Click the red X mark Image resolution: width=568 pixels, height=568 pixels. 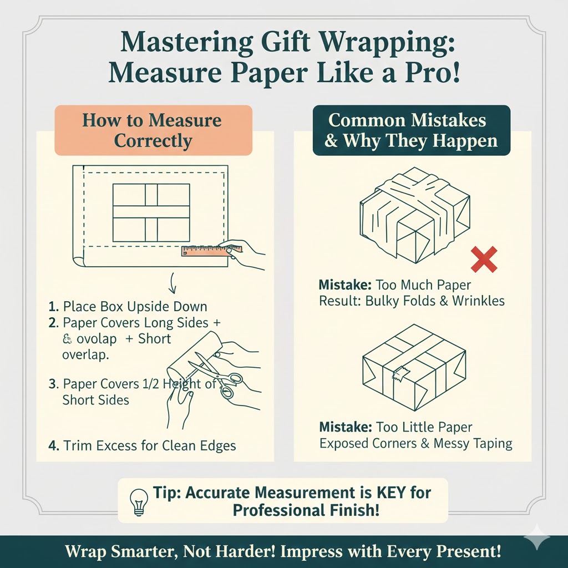point(484,260)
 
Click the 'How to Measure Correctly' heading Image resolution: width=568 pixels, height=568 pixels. point(153,130)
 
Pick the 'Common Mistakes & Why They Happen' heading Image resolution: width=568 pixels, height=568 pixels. point(411,130)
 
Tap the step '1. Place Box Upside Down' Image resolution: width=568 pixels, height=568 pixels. point(128,307)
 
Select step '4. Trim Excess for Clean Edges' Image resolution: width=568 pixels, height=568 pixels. point(141,445)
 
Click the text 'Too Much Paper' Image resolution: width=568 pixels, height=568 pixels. point(423,286)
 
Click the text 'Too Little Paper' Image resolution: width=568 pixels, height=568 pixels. point(424,428)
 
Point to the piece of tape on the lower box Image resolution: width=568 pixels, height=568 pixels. point(399,375)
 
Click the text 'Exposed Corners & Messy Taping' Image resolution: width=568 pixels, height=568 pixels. point(415,443)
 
